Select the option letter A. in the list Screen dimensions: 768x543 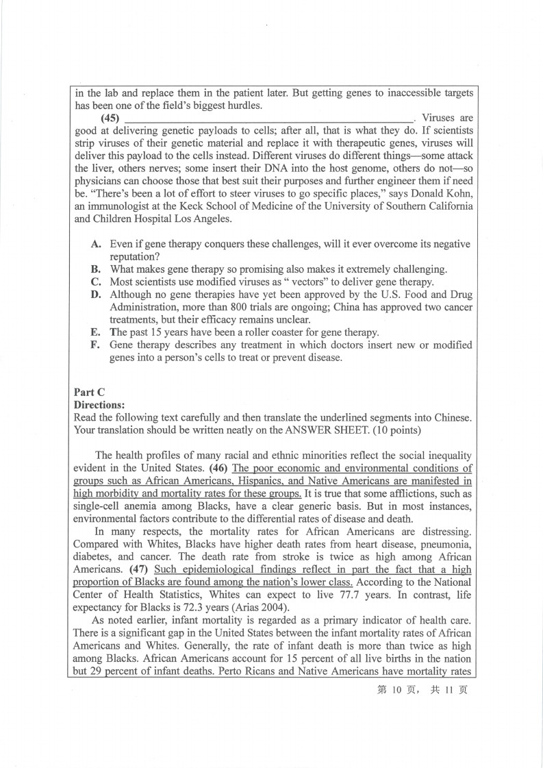97,244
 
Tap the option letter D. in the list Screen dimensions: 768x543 97,295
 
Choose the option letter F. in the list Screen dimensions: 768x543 97,345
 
